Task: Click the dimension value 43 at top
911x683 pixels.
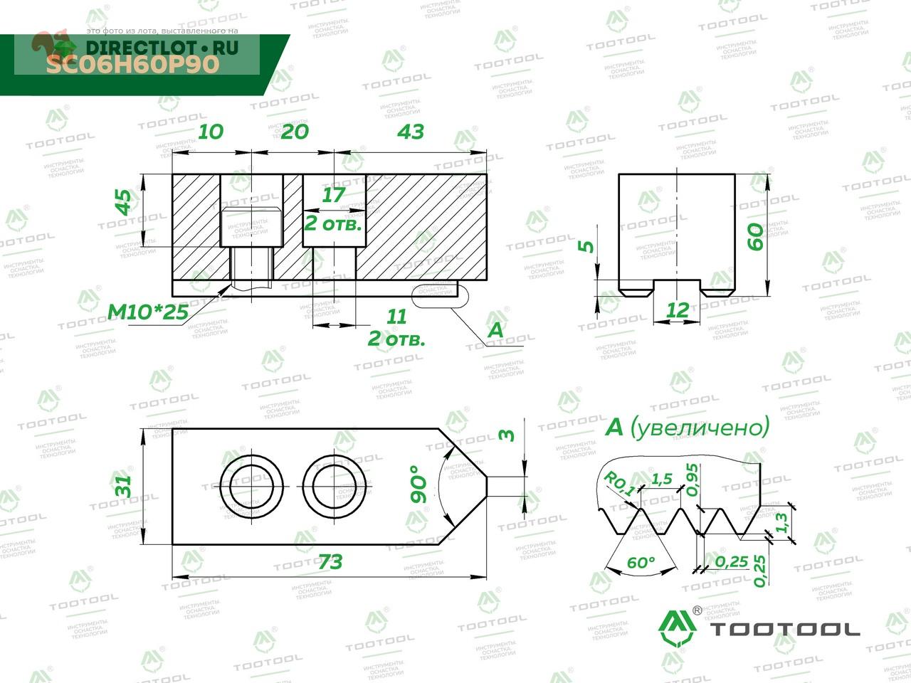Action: coord(411,132)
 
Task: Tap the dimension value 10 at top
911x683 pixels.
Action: coord(211,132)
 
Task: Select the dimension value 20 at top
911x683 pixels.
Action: coord(295,132)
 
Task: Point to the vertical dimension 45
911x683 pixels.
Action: coord(125,202)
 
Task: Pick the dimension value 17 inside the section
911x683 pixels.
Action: coord(333,194)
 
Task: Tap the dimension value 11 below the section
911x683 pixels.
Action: coord(396,317)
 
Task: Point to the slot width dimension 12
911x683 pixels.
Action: coord(678,309)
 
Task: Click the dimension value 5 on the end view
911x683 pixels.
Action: coord(586,246)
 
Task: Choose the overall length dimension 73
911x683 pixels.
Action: coord(330,562)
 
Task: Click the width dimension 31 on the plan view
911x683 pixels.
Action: coord(123,487)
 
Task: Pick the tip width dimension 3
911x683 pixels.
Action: coord(507,434)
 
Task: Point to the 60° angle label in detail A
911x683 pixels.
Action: coord(641,562)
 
